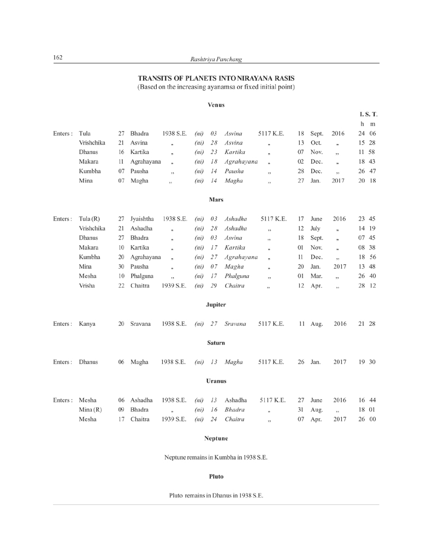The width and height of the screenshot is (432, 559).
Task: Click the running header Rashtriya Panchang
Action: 216,59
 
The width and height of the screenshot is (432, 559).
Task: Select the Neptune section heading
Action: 216,438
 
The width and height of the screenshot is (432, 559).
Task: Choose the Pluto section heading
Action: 216,476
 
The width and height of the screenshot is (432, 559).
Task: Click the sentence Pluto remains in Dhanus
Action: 216,496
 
